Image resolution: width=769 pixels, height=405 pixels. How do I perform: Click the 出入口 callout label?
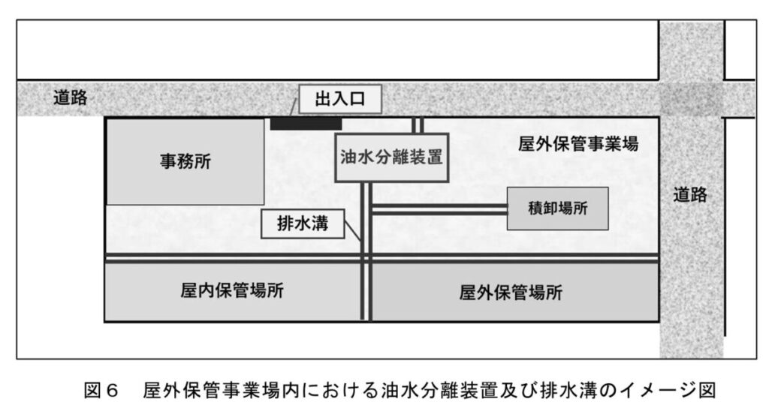point(339,100)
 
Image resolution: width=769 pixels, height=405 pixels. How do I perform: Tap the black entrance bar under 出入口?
point(306,124)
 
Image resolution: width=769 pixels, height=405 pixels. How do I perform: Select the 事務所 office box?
point(185,161)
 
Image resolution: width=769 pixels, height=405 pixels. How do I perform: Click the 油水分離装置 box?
point(391,157)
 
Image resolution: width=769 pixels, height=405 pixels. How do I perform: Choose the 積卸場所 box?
point(557,208)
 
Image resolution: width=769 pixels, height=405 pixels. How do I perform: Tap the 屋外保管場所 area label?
point(511,292)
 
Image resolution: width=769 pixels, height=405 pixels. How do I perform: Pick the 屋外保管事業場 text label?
point(578,144)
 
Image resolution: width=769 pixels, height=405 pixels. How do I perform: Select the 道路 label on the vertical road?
point(690,194)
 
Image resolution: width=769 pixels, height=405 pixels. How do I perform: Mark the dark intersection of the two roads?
point(691,98)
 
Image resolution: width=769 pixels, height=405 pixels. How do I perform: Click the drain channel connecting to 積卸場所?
point(439,208)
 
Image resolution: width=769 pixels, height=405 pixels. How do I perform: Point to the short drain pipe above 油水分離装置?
point(418,124)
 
